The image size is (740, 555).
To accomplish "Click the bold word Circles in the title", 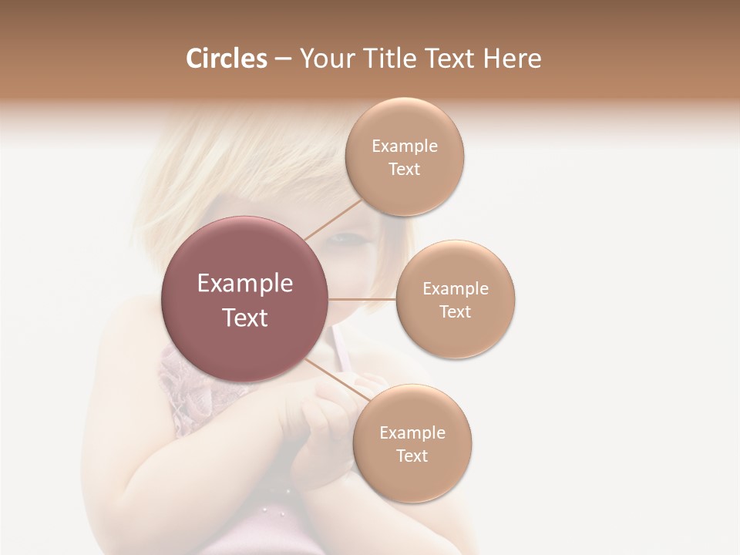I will [226, 59].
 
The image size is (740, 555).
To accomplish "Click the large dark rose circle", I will [245, 299].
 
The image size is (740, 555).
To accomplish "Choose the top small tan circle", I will [405, 157].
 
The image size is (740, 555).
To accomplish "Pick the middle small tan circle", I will [455, 299].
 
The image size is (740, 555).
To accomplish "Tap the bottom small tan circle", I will [412, 443].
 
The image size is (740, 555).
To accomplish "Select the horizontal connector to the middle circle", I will [362, 299].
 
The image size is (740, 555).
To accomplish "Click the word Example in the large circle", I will [245, 284].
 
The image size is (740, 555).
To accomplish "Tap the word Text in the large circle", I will [245, 318].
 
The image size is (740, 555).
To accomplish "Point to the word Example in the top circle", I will [405, 146].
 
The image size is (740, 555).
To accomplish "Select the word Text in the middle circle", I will [455, 311].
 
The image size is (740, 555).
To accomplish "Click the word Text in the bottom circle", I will [412, 456].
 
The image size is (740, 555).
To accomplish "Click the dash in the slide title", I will [282, 59].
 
